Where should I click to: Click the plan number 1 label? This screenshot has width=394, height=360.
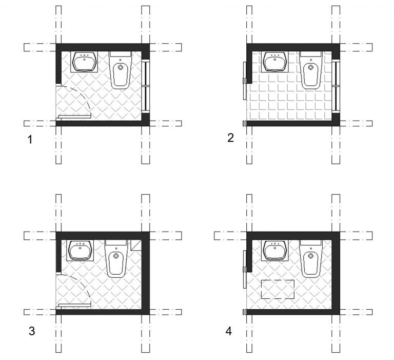(x=30, y=140)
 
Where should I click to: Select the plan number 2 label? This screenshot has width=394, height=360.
(x=230, y=138)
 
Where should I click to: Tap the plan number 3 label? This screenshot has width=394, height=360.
(x=32, y=331)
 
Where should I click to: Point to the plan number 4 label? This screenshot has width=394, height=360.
(x=228, y=331)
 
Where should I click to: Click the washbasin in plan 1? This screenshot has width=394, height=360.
(x=84, y=62)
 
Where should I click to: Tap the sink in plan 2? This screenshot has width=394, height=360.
(x=274, y=62)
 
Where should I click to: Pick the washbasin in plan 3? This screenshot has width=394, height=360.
(x=80, y=250)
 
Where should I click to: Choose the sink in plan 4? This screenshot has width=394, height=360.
(x=274, y=250)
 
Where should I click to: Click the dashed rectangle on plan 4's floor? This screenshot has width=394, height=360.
(x=278, y=280)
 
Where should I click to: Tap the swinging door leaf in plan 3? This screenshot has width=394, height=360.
(x=75, y=305)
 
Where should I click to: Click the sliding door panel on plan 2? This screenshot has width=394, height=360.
(x=244, y=81)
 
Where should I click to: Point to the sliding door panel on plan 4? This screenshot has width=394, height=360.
(x=244, y=269)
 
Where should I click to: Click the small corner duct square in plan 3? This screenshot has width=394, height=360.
(x=136, y=245)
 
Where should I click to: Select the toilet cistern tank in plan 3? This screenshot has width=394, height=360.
(x=116, y=243)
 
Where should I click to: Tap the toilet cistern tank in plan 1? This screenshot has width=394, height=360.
(x=121, y=54)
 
